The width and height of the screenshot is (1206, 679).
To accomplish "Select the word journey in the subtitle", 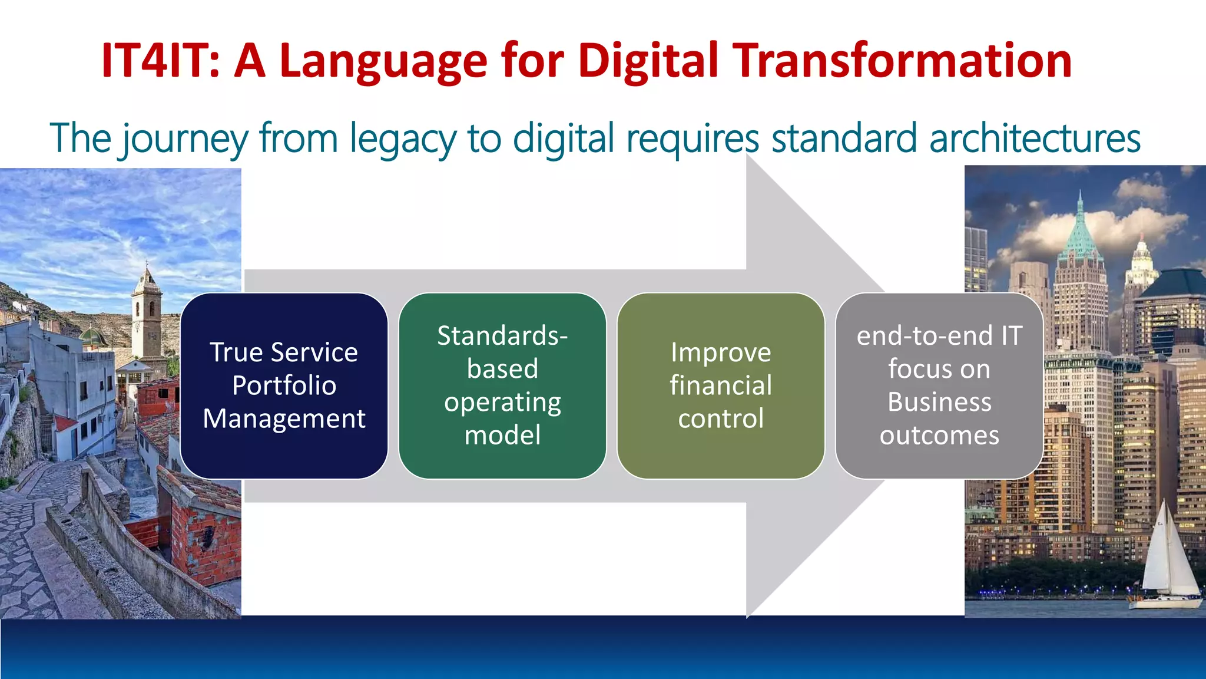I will coord(185,139).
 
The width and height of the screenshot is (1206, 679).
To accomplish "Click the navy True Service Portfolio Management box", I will coord(284,385).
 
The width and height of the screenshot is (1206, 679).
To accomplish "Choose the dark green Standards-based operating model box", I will coord(502,385).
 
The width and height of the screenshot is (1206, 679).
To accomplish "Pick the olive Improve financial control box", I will coord(721,385).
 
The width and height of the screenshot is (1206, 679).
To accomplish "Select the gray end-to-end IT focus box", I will coord(939,385).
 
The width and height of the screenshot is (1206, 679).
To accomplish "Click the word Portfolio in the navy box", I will coord(284,385).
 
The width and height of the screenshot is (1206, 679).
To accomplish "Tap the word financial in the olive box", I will coord(721,385).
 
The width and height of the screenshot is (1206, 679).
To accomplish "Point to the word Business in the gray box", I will coord(939,402).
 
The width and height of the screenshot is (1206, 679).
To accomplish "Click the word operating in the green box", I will coord(502,403).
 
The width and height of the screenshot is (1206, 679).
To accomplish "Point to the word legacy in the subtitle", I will coord(403,139).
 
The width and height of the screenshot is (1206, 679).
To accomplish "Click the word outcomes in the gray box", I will coord(939,436).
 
